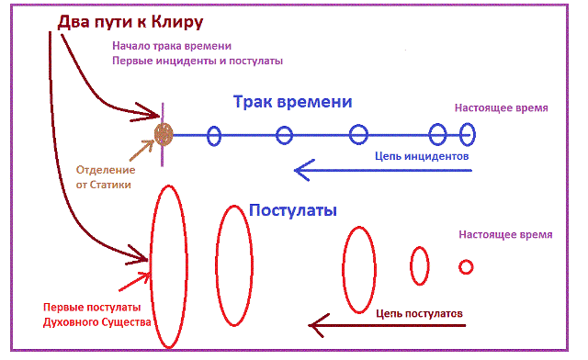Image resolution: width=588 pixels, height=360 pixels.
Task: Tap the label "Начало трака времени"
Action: pos(171,46)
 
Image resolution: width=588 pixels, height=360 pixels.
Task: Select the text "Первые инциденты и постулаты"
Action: pos(198,61)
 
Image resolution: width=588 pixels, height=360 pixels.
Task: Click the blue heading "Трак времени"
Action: pos(292,102)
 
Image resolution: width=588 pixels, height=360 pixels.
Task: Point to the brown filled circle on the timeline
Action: pos(164,135)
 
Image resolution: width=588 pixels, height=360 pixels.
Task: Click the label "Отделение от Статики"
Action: pos(104,177)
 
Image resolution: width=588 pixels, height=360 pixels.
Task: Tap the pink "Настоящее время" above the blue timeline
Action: pos(502,107)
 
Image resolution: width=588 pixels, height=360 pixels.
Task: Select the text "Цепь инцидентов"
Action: pos(423,157)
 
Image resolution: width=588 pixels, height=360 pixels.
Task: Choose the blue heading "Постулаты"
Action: pos(293,210)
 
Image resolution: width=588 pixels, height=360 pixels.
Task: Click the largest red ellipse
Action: pos(169,265)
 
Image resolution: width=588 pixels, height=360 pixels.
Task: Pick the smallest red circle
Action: pos(466,267)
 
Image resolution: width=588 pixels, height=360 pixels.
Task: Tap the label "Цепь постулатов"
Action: pos(419,311)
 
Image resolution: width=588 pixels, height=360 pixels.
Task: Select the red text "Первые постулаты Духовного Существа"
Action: pos(91,314)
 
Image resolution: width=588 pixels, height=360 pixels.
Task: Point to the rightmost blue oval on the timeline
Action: pos(467,135)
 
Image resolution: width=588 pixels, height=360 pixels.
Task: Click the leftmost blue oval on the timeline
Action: pos(213,136)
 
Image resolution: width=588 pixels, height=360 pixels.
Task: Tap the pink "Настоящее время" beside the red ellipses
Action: pos(505,235)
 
